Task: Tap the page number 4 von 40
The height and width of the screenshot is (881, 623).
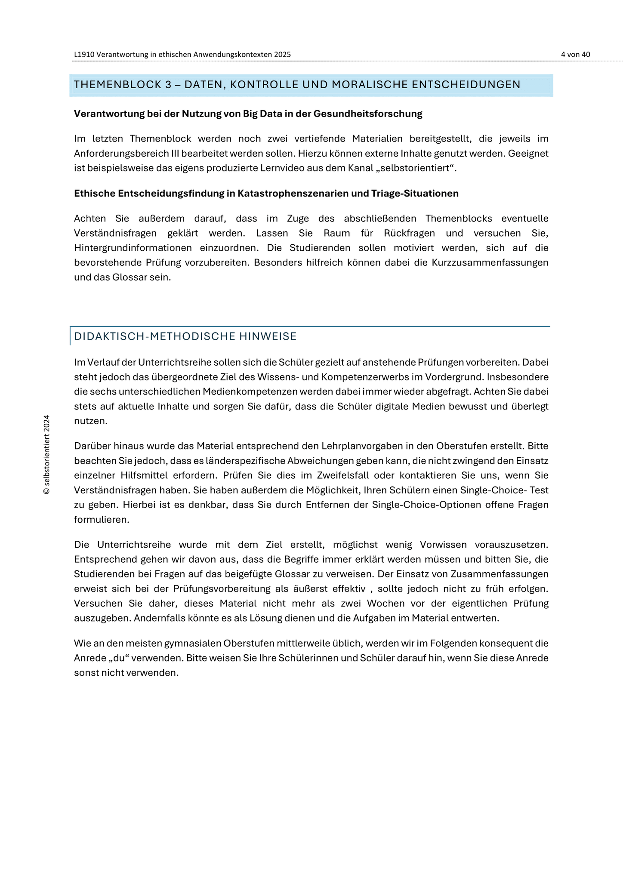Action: click(575, 55)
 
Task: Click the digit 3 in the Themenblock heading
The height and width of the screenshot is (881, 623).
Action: click(169, 85)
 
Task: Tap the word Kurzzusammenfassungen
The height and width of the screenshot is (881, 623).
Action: click(490, 263)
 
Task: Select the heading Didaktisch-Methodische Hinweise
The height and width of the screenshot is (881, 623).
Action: click(185, 336)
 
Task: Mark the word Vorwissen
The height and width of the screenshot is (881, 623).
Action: click(443, 545)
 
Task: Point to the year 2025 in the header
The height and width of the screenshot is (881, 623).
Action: click(281, 55)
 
